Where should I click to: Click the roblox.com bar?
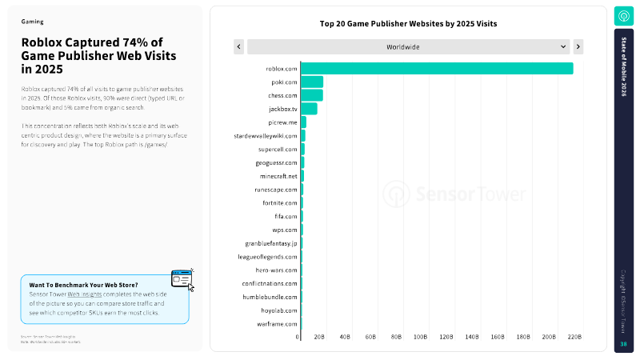tap(437, 68)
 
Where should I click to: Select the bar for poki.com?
tap(312, 82)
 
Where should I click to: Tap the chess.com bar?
tap(312, 95)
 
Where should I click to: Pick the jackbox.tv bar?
tap(309, 109)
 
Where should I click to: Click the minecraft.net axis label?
tap(278, 176)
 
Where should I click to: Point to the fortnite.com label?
tap(279, 202)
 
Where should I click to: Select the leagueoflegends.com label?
tap(270, 256)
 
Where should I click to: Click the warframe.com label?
tap(278, 324)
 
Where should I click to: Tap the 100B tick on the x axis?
tap(422, 337)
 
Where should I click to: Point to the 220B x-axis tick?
tap(574, 337)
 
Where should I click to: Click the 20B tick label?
tap(319, 337)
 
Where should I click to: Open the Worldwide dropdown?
tap(409, 47)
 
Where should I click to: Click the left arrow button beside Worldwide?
tap(238, 47)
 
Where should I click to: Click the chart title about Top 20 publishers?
tap(408, 24)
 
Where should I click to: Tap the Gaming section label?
tap(32, 22)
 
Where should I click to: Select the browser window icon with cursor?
tap(182, 279)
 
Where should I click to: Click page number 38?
tap(624, 344)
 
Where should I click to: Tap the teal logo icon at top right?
tap(624, 16)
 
